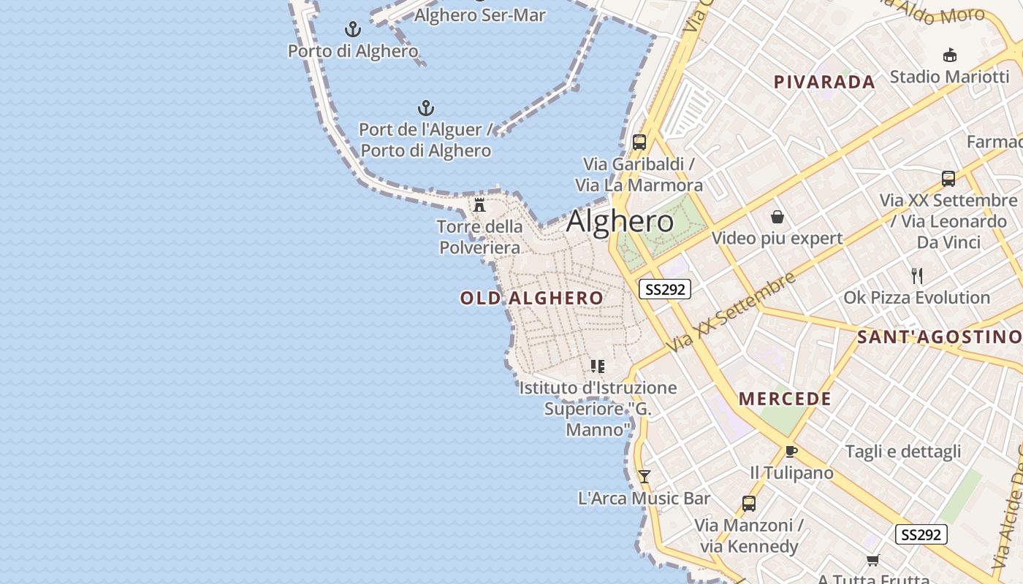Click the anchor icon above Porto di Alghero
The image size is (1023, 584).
point(353,29)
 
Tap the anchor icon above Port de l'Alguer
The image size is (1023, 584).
point(426,109)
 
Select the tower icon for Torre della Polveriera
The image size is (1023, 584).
point(479,204)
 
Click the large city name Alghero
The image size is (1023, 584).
point(620,220)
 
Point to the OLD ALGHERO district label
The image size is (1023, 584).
point(532,298)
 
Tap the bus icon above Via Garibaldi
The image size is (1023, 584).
point(639,142)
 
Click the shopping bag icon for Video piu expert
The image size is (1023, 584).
point(777,217)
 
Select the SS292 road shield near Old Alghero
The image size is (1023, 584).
point(664,289)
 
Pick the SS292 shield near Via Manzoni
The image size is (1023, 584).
point(921,534)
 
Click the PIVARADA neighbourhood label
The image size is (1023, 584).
point(824,82)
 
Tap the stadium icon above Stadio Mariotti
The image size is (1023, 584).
point(950,55)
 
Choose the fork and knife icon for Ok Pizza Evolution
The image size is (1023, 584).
point(917,275)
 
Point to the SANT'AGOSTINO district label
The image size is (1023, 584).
point(939,337)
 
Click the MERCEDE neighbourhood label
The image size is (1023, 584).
point(785,399)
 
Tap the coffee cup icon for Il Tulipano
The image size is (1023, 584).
point(791,451)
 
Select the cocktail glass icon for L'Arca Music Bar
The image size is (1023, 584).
point(644,477)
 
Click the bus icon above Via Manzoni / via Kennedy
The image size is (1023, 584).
point(748,503)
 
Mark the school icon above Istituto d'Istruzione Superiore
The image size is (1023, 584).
point(598,366)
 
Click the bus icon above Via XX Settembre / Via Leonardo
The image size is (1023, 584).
point(948,178)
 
